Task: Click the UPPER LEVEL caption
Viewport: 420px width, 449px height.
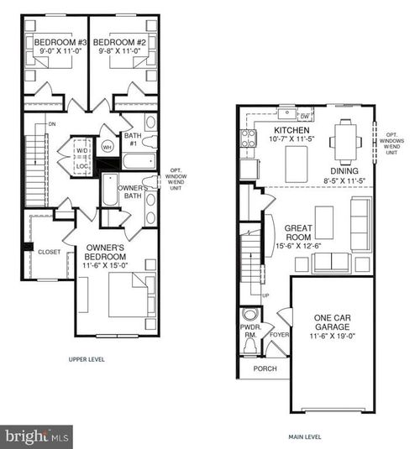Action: coord(91,359)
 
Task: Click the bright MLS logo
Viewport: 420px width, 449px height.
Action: coord(36,436)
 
